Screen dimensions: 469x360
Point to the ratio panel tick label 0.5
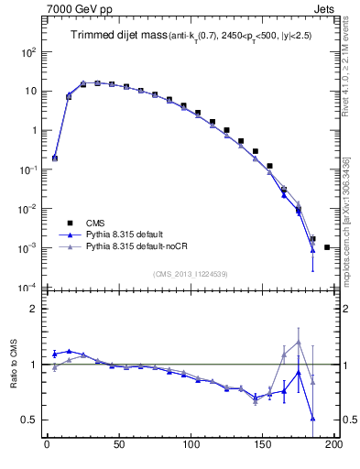point(32,420)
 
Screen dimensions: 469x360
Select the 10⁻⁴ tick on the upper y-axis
point(29,288)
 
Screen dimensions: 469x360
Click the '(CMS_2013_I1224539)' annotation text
point(191,273)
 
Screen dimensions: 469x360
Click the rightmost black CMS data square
point(327,247)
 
